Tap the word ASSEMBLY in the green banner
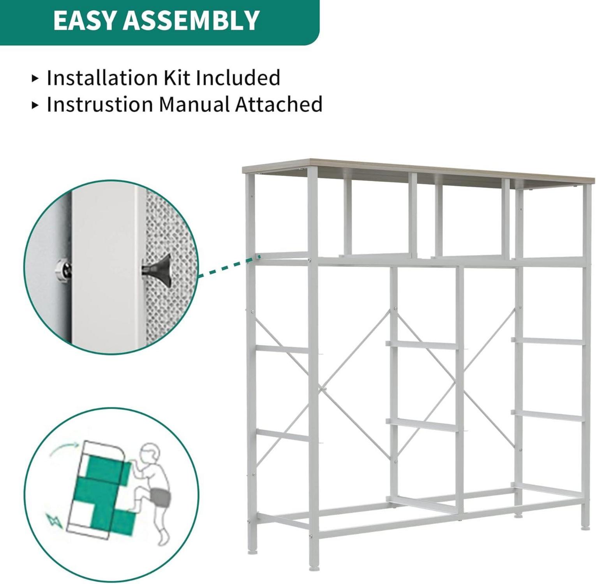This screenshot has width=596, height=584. [191, 20]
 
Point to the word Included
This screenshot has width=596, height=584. [238, 77]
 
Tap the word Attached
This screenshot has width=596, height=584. [279, 104]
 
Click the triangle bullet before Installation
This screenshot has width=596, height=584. [35, 78]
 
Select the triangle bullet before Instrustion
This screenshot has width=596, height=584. [35, 105]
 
